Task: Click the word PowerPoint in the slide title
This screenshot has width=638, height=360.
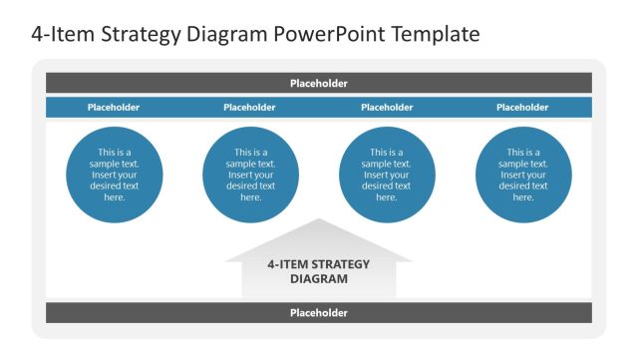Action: [330, 34]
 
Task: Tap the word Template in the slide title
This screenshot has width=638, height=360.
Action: [435, 34]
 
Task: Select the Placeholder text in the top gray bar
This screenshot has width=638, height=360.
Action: [319, 84]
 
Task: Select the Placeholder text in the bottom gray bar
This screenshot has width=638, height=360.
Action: [319, 312]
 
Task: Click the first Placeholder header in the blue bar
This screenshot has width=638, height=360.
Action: [114, 107]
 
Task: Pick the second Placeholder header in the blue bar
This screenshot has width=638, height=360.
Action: [250, 107]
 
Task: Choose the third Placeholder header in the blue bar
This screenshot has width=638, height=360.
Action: [387, 107]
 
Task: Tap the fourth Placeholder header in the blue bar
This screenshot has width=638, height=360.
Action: [522, 107]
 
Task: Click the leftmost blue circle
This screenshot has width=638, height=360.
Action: [115, 175]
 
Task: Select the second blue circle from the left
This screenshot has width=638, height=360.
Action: [250, 175]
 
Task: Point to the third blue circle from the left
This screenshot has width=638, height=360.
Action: [387, 175]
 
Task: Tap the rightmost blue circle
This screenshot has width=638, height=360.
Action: [523, 175]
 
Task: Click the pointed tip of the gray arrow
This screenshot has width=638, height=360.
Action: [319, 220]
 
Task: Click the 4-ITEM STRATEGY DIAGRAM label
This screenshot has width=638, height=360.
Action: [319, 271]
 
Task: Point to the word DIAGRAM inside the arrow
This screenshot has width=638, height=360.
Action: [319, 279]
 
